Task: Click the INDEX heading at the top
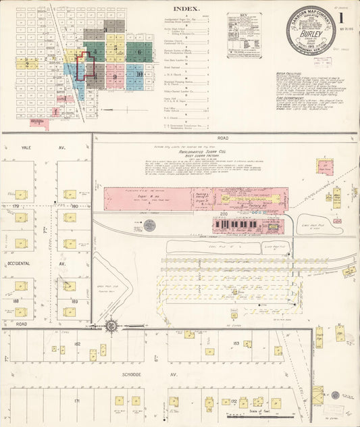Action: click(186, 9)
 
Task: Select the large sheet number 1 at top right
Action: click(349, 20)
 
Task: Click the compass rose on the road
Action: click(111, 326)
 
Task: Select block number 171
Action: click(77, 401)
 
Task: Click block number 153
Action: click(236, 344)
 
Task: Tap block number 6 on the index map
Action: click(138, 51)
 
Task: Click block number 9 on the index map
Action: click(115, 76)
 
